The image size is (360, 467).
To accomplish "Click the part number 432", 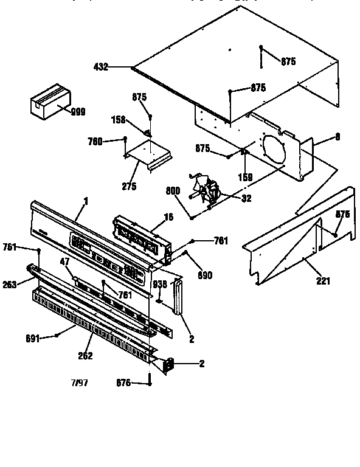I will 101,67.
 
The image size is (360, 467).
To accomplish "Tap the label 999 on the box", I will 77,111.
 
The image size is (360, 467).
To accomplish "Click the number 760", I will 95,142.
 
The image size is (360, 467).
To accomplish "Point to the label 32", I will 246,198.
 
